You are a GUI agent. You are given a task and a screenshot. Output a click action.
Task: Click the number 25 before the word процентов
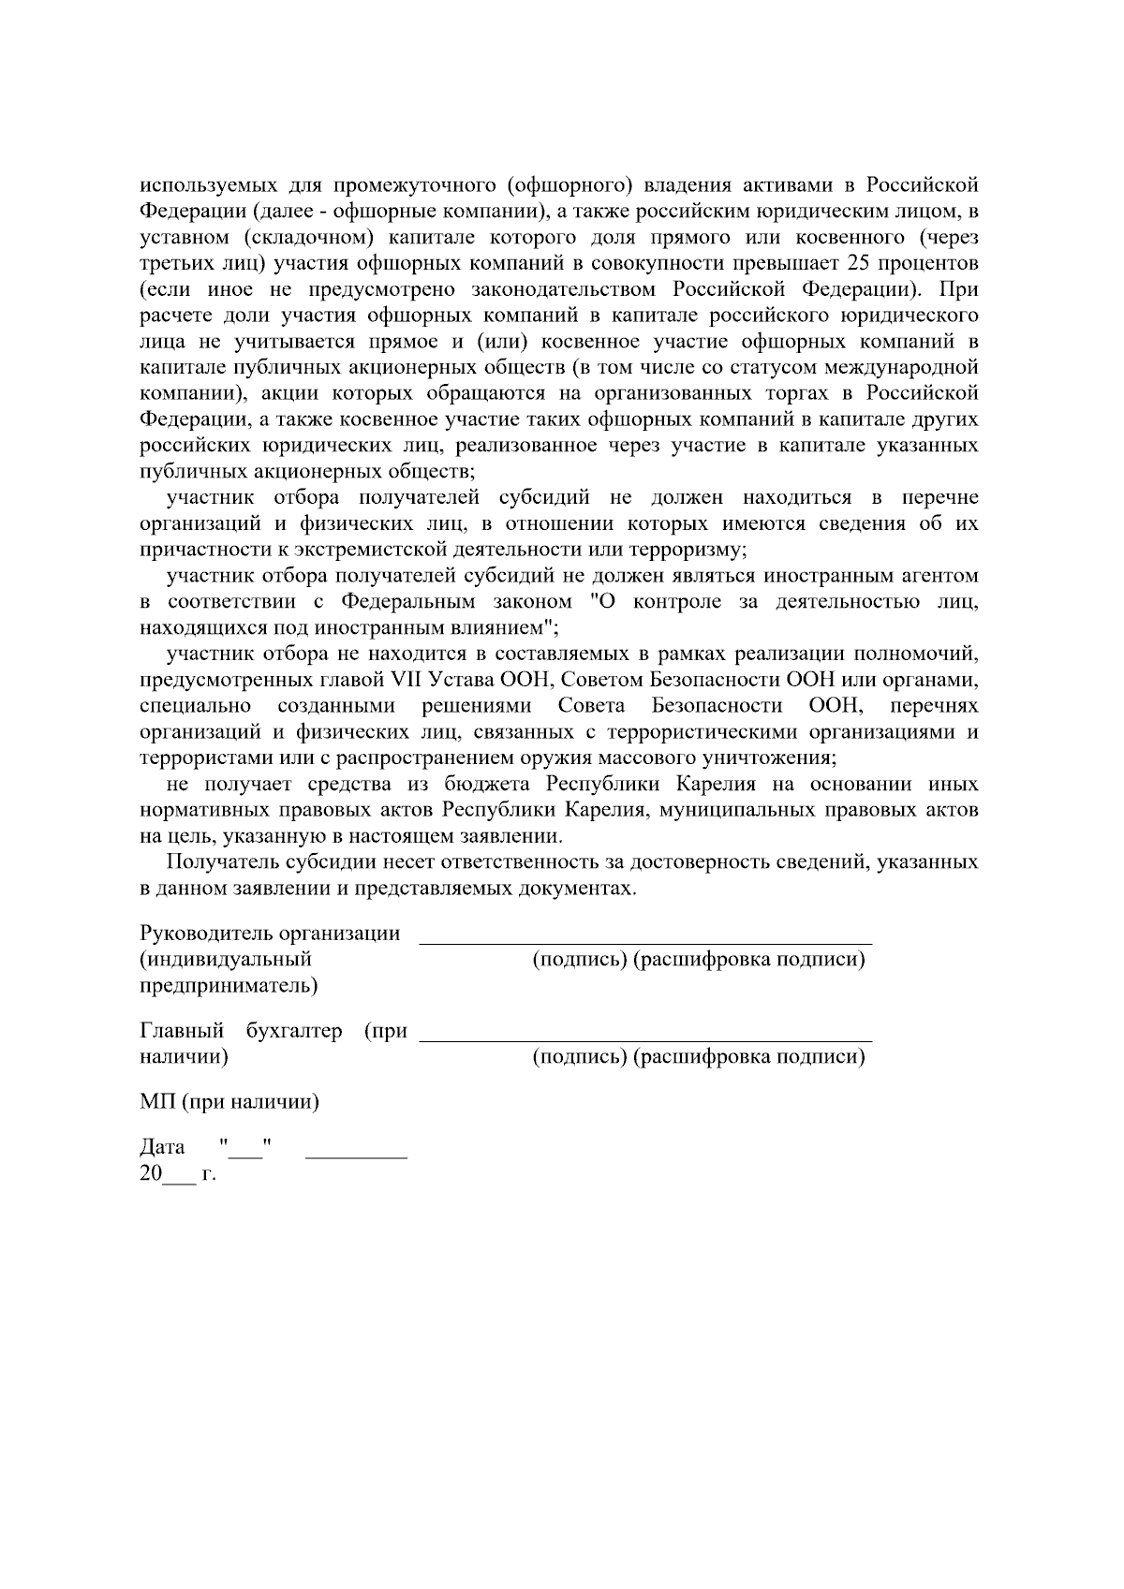pyautogui.click(x=858, y=260)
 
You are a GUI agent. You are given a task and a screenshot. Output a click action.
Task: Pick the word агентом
pyautogui.click(x=935, y=575)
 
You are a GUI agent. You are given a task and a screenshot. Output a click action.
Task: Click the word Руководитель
pyautogui.click(x=194, y=934)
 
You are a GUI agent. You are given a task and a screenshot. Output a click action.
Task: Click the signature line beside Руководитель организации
pyautogui.click(x=644, y=941)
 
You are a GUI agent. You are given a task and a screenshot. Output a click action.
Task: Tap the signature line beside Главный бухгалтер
pyautogui.click(x=644, y=1038)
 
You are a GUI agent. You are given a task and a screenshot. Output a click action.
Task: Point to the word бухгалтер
pyautogui.click(x=293, y=1032)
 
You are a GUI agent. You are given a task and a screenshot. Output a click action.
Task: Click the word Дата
pyautogui.click(x=162, y=1148)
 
